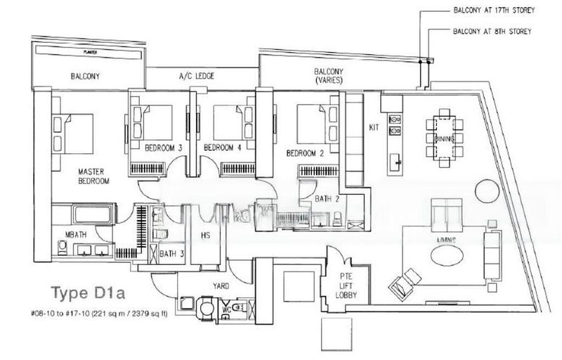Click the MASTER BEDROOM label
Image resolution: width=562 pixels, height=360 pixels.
pyautogui.click(x=93, y=176)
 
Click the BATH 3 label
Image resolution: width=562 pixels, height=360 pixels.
pyautogui.click(x=168, y=253)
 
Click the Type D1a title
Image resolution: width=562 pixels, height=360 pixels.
pyautogui.click(x=83, y=291)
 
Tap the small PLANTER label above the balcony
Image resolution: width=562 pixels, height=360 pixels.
pyautogui.click(x=89, y=51)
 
